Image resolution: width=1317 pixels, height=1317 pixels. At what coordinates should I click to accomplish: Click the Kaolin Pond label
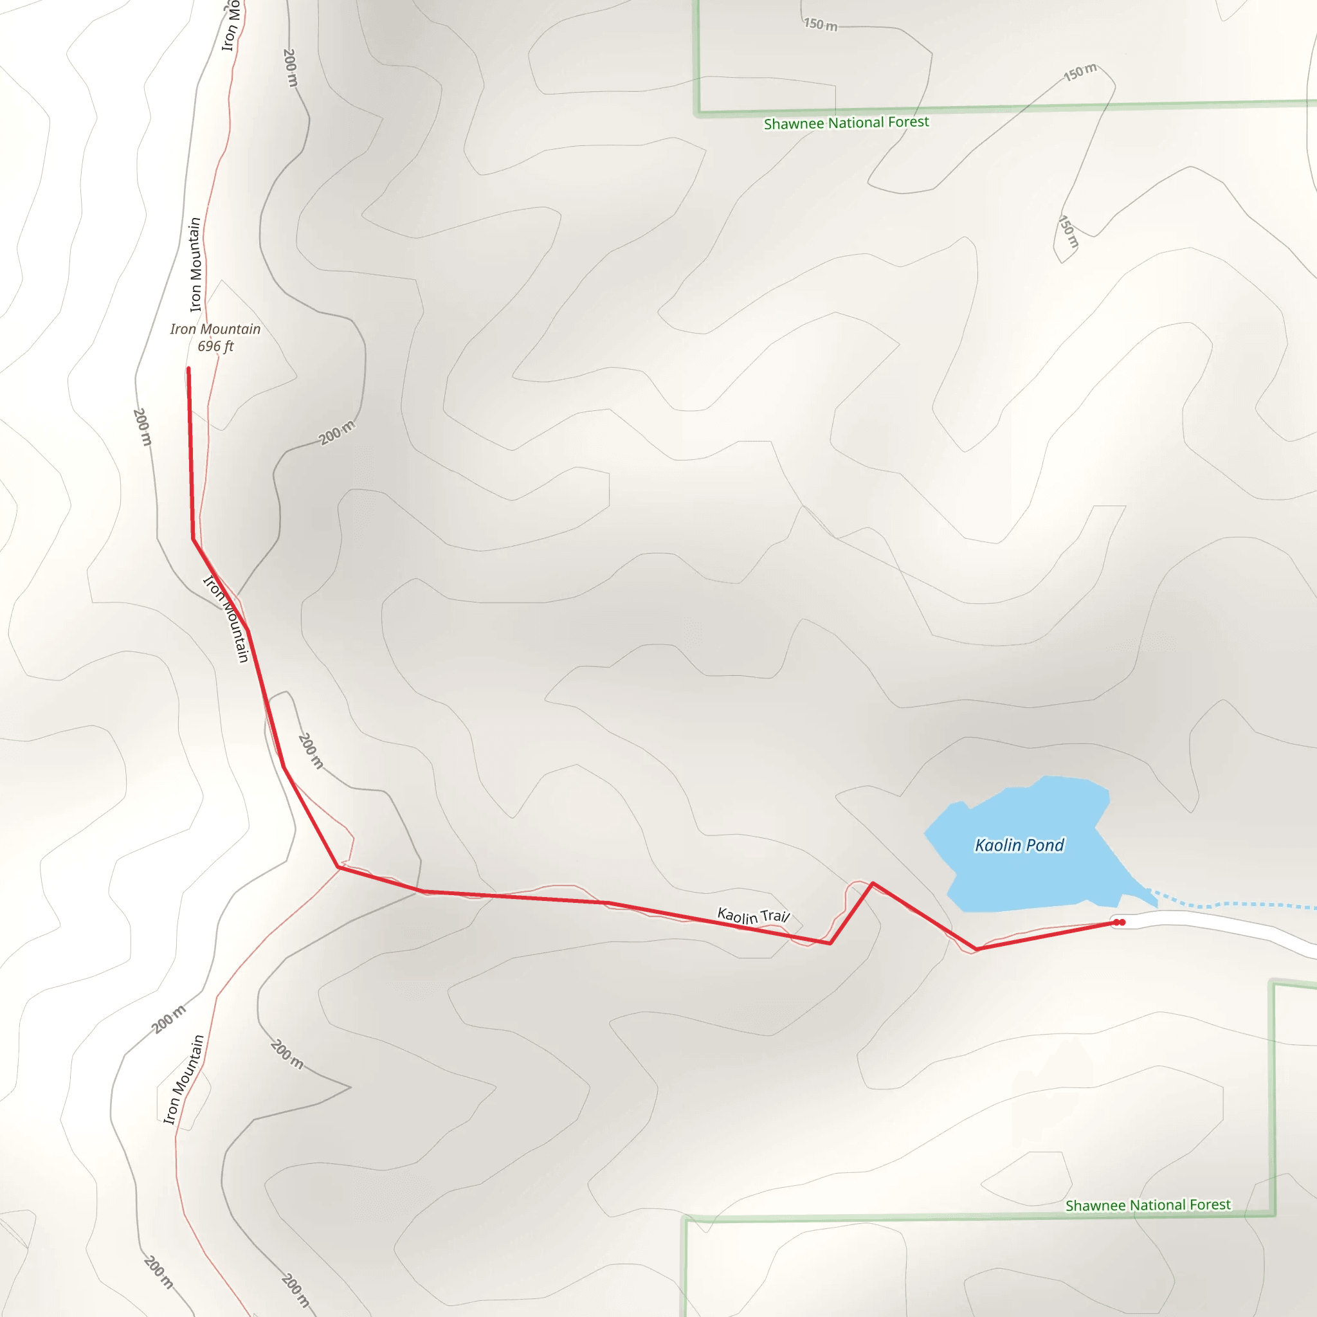(1019, 845)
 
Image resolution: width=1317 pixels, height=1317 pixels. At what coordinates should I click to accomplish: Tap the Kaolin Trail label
(753, 916)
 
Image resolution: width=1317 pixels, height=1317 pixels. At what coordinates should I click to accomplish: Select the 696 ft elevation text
(215, 347)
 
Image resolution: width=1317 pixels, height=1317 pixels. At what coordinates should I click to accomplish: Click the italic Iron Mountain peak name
(215, 329)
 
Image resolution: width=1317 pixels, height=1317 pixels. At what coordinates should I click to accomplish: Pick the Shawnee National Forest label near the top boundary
(846, 123)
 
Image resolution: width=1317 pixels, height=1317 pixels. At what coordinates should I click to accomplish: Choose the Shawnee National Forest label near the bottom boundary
(1148, 1205)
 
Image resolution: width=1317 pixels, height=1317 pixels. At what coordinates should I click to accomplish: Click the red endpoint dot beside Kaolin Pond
(1119, 922)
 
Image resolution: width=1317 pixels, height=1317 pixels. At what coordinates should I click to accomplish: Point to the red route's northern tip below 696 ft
(189, 370)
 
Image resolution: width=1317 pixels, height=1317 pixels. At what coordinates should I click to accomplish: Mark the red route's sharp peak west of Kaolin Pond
(873, 884)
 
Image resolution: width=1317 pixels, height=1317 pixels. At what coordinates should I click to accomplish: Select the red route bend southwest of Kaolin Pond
(976, 949)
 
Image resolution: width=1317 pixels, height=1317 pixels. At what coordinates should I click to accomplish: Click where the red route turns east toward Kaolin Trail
(339, 867)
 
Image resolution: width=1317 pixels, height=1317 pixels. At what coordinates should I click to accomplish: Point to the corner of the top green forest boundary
(696, 113)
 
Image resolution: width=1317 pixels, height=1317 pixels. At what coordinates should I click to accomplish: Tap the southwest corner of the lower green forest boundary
(686, 1219)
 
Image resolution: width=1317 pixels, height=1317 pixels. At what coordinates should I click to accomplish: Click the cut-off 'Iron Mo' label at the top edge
(231, 26)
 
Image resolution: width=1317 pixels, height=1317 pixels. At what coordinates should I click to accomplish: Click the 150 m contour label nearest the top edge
(820, 24)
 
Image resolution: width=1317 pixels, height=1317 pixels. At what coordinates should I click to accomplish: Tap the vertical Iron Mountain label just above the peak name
(195, 264)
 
